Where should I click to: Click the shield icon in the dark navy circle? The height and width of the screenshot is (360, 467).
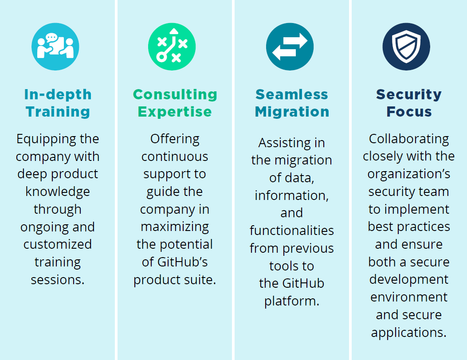[x=406, y=47]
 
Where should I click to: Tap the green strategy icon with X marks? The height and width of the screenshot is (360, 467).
[x=172, y=47]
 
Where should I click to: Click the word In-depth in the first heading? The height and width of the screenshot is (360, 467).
[x=58, y=95]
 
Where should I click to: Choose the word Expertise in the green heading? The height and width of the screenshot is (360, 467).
[x=175, y=112]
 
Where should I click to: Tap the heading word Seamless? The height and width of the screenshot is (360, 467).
[x=292, y=95]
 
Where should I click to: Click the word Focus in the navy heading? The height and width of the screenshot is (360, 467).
[x=409, y=112]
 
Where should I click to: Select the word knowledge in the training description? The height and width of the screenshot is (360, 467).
[x=58, y=192]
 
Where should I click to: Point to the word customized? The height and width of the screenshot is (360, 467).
[x=58, y=244]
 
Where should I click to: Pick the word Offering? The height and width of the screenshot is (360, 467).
[x=175, y=139]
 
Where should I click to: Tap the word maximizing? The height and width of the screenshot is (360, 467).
[x=175, y=227]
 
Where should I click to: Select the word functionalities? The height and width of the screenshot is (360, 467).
[x=291, y=231]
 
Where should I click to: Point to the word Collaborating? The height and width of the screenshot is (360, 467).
[x=409, y=139]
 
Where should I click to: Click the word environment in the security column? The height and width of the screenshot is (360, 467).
[x=409, y=297]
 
